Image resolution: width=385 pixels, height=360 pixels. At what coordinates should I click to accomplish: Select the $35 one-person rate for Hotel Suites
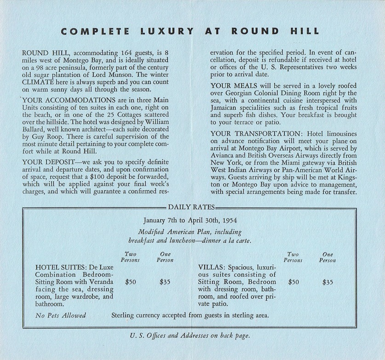point(165,282)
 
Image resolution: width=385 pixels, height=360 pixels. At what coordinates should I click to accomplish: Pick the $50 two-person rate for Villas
point(293,282)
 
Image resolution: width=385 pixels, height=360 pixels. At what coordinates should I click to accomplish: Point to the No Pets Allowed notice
point(61,315)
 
